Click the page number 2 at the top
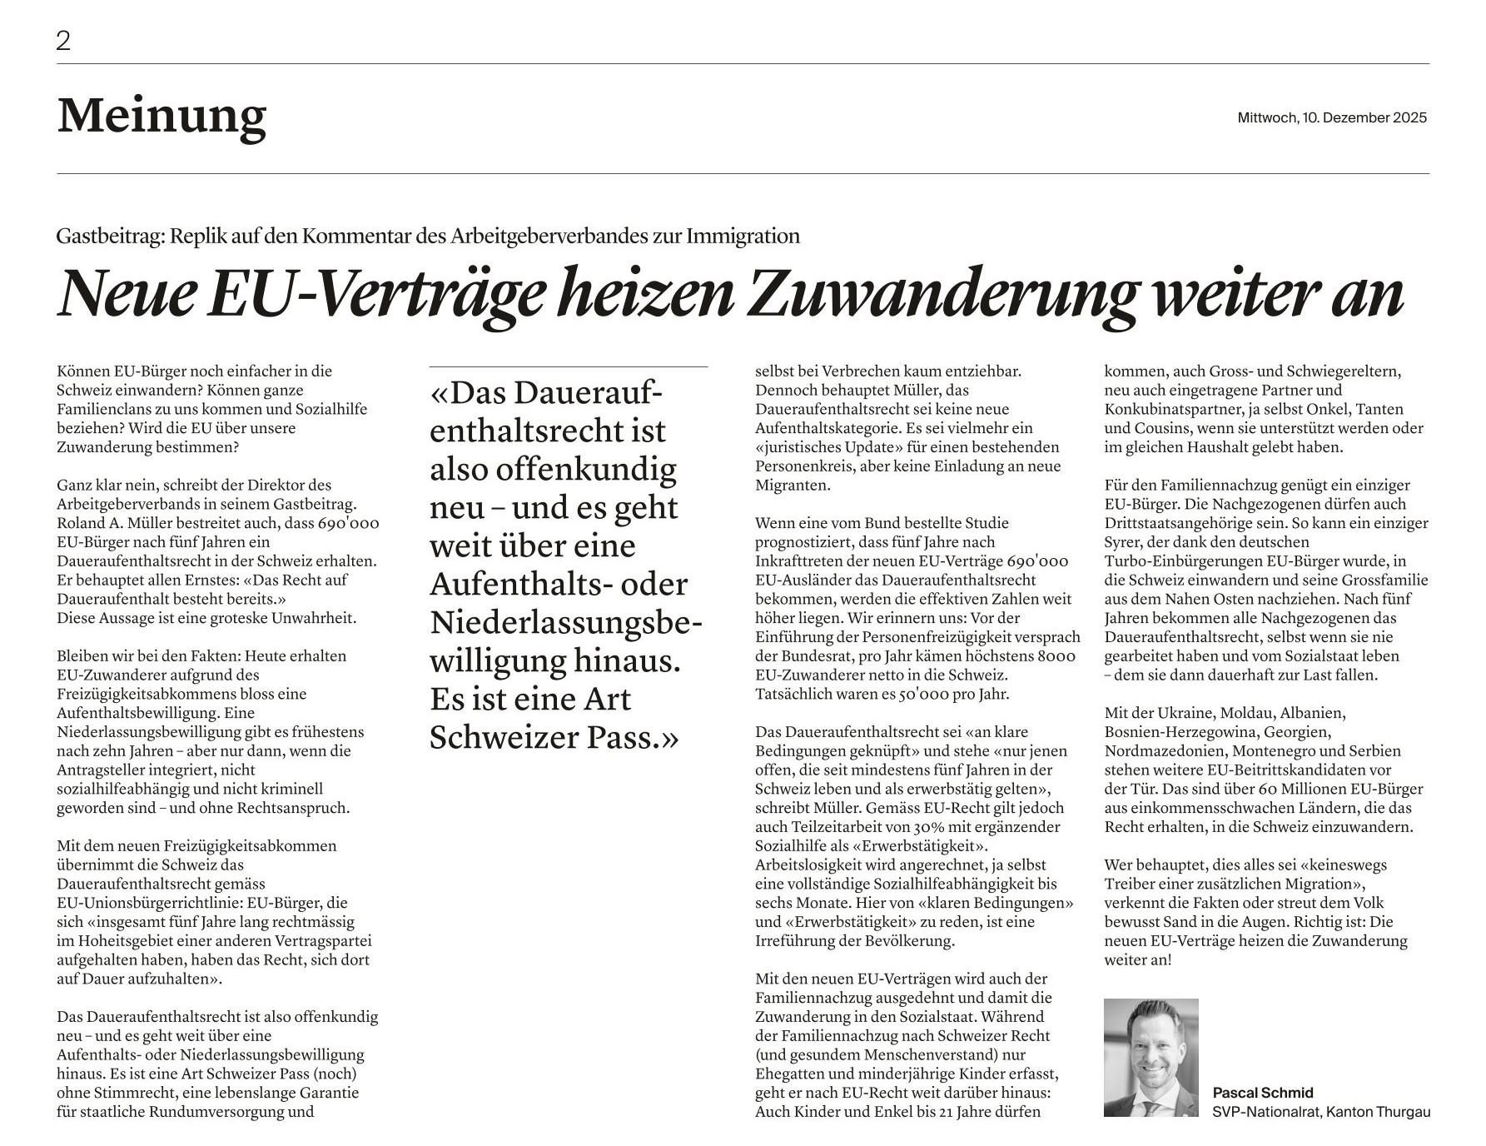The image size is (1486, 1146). click(x=63, y=41)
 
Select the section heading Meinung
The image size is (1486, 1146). click(x=162, y=116)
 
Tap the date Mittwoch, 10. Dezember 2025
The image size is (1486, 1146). click(x=1332, y=117)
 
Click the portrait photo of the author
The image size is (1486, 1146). click(x=1151, y=1057)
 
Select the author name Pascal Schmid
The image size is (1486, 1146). click(x=1262, y=1093)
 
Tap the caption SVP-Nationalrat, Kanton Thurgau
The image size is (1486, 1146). click(x=1320, y=1112)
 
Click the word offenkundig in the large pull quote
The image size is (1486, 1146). click(x=586, y=469)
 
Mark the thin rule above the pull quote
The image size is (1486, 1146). click(x=569, y=366)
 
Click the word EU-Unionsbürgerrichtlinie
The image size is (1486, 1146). click(x=147, y=903)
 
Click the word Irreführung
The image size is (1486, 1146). click(x=798, y=941)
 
